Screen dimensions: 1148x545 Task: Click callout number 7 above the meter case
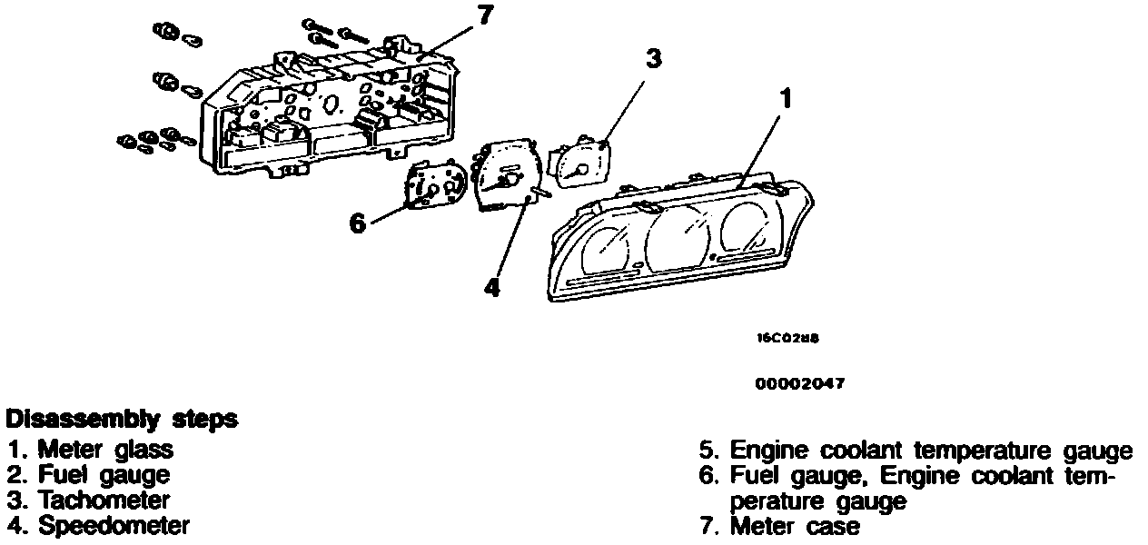pyautogui.click(x=484, y=15)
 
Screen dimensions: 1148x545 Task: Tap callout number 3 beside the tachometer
pyautogui.click(x=654, y=58)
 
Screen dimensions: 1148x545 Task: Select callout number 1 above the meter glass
pyautogui.click(x=786, y=98)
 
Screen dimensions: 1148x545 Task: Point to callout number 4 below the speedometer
pyautogui.click(x=492, y=288)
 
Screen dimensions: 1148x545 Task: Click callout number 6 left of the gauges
pyautogui.click(x=358, y=223)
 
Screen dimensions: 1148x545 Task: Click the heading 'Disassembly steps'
pyautogui.click(x=122, y=420)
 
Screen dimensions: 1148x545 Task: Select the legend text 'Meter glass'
pyautogui.click(x=105, y=450)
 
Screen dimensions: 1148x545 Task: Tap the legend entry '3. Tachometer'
pyautogui.click(x=89, y=500)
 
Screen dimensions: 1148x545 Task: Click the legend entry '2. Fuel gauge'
pyautogui.click(x=88, y=475)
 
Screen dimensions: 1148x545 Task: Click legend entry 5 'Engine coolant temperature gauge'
pyautogui.click(x=916, y=451)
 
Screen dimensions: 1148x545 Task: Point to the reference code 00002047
pyautogui.click(x=800, y=383)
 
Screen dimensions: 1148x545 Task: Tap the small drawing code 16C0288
pyautogui.click(x=788, y=339)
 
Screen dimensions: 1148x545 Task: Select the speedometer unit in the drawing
pyautogui.click(x=507, y=174)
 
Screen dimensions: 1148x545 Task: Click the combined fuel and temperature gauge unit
pyautogui.click(x=436, y=183)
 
